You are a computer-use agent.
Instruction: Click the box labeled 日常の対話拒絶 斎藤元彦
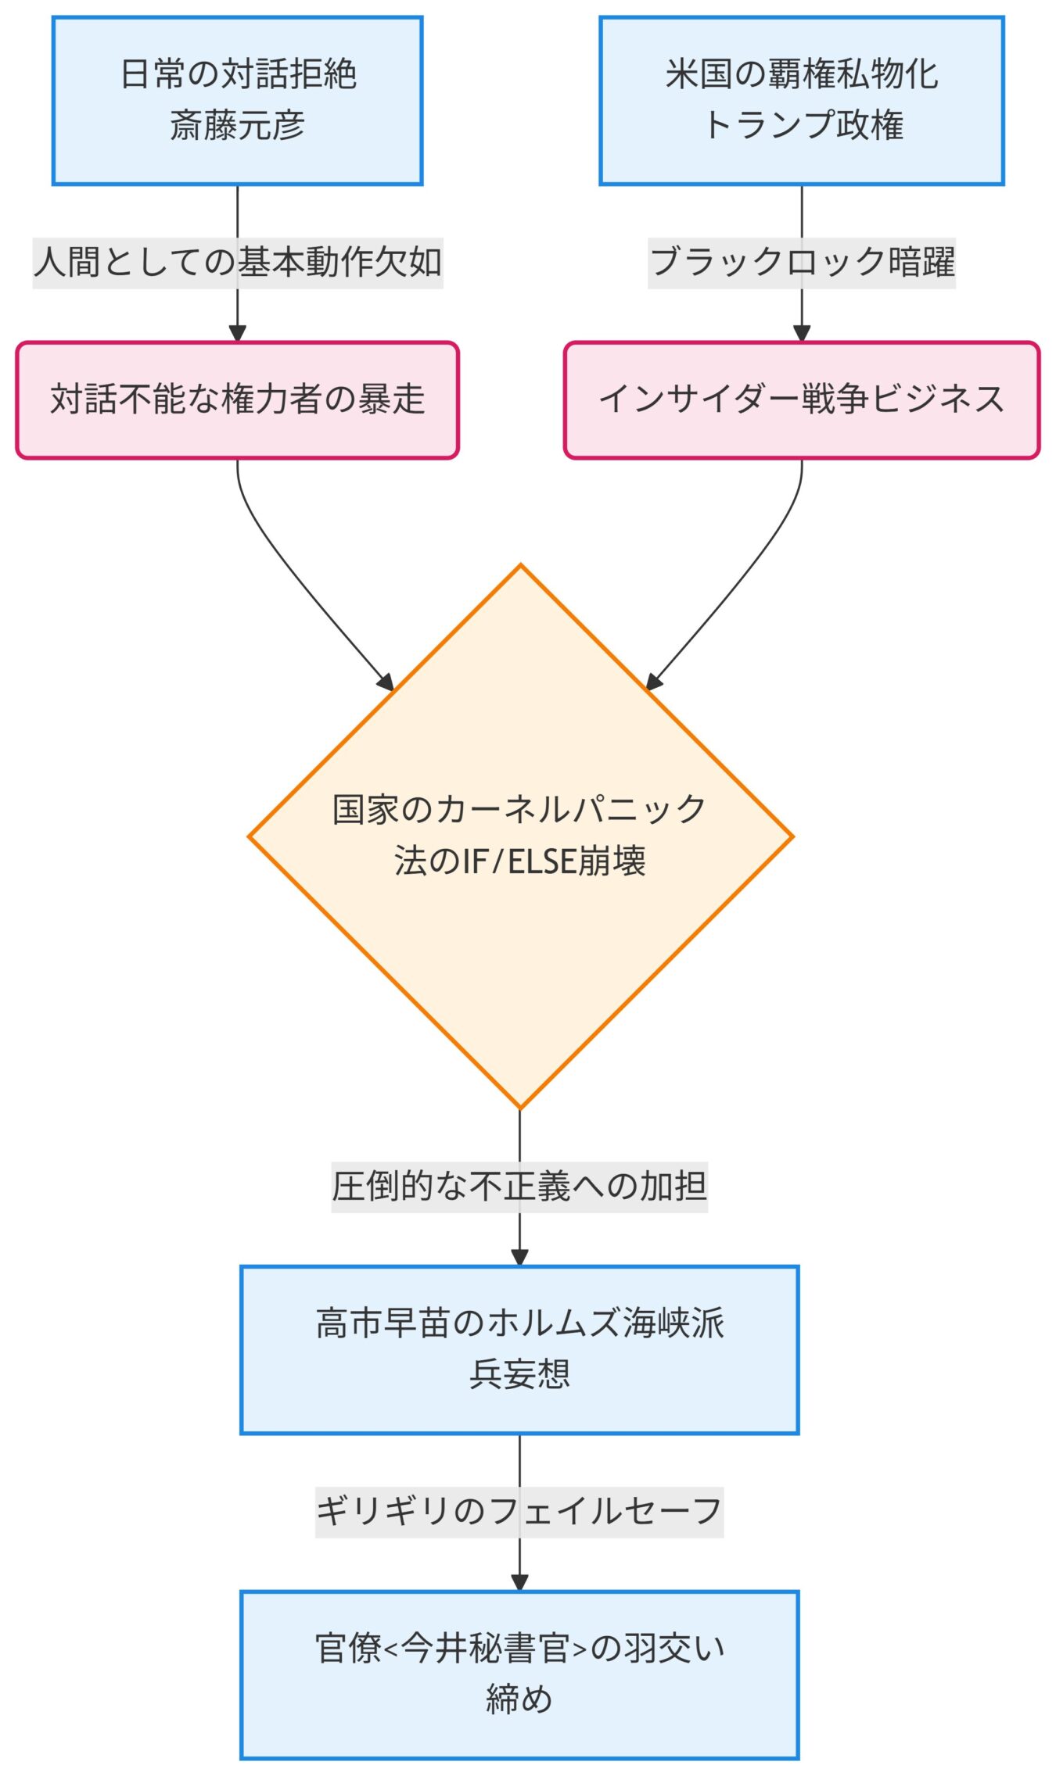point(237,101)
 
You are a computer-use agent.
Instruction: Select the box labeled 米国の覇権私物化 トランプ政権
point(801,101)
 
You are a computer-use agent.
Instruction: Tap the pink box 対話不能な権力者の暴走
point(237,399)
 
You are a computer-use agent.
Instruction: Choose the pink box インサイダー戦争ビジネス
point(801,399)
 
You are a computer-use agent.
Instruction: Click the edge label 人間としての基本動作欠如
point(237,263)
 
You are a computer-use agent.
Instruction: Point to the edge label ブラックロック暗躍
point(801,263)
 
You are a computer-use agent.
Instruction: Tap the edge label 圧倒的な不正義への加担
point(519,1187)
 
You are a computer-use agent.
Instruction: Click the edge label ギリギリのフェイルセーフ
point(519,1512)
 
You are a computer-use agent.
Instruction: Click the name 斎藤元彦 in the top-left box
point(237,126)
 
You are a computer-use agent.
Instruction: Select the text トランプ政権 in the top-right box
point(803,126)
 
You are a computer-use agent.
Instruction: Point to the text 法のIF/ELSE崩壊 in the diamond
point(520,861)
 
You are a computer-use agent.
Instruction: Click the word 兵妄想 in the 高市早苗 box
point(519,1374)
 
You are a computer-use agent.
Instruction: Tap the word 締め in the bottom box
point(519,1699)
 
